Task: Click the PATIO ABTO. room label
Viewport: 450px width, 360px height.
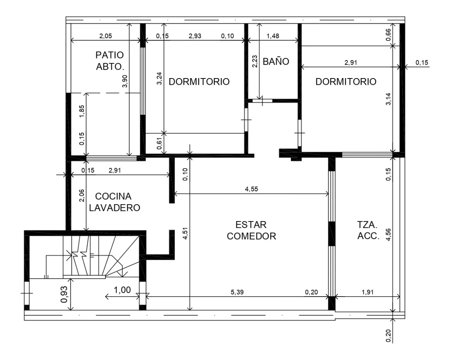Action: [x=110, y=61]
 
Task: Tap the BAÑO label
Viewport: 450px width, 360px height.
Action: [x=276, y=62]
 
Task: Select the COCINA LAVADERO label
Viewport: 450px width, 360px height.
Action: [x=114, y=202]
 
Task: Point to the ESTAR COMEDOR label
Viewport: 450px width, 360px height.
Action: [x=251, y=230]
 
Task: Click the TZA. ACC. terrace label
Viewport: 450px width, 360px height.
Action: [x=368, y=230]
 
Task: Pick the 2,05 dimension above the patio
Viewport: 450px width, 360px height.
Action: [x=105, y=36]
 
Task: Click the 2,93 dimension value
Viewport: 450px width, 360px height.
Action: [x=195, y=36]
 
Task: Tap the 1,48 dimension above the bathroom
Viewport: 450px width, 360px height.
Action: [x=273, y=36]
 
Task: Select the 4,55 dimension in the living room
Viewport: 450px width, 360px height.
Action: [x=251, y=189]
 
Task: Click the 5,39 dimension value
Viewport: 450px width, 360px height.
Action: [x=237, y=292]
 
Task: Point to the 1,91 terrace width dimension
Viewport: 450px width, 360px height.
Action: [x=367, y=292]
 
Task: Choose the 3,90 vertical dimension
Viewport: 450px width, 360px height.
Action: [x=125, y=81]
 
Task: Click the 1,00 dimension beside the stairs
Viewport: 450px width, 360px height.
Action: [x=122, y=290]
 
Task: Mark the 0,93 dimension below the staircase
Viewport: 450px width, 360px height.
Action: [x=64, y=294]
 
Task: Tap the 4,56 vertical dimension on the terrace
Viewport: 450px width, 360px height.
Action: [x=388, y=234]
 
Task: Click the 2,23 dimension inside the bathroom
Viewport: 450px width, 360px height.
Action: [x=255, y=61]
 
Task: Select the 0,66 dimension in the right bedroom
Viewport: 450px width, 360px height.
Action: [x=388, y=35]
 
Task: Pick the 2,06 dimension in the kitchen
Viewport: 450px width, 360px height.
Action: [x=82, y=196]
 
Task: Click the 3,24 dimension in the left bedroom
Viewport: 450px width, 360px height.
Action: [x=159, y=78]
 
